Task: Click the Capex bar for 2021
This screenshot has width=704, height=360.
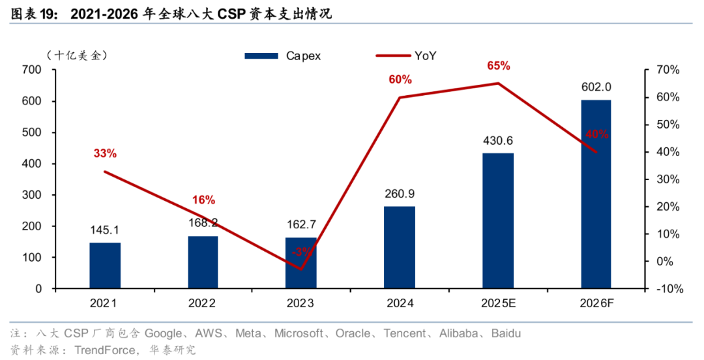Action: pos(105,265)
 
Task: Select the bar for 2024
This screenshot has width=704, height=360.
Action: pos(400,247)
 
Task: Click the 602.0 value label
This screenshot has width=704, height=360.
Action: pos(596,87)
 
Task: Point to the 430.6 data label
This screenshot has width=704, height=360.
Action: pos(498,140)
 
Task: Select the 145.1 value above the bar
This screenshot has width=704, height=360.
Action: pos(105,230)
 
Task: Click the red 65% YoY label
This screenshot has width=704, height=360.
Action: pos(498,66)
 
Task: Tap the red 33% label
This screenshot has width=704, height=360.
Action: pos(105,153)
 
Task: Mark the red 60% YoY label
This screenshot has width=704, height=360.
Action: pos(400,80)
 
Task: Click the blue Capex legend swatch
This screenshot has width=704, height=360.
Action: pos(262,56)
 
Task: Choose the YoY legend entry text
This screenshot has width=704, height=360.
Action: pos(425,56)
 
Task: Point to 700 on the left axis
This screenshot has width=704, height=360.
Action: pos(31,70)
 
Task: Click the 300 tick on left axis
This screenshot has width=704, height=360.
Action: pos(31,195)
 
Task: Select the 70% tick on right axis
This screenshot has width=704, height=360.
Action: pos(668,70)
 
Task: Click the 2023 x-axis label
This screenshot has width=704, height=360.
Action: pos(301,303)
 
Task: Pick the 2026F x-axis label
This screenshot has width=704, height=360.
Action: pos(596,303)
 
